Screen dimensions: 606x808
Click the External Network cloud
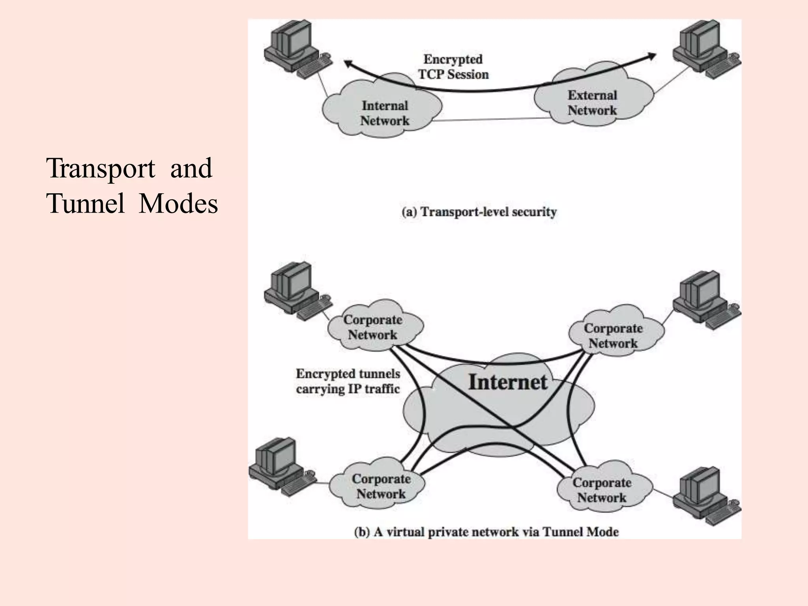592,103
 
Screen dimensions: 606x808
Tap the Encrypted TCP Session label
453,67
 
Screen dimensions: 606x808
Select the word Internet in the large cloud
508,382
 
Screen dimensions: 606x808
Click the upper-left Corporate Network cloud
373,327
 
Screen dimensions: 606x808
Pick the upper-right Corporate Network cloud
613,335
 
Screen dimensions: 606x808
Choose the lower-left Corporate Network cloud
381,486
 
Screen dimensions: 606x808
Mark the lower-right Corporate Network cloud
602,490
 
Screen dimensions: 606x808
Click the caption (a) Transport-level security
479,212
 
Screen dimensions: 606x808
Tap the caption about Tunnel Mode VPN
486,532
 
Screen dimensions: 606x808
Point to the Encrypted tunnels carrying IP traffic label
348,381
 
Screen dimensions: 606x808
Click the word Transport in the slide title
101,168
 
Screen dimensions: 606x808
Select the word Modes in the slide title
178,204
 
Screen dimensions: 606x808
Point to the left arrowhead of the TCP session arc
347,63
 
